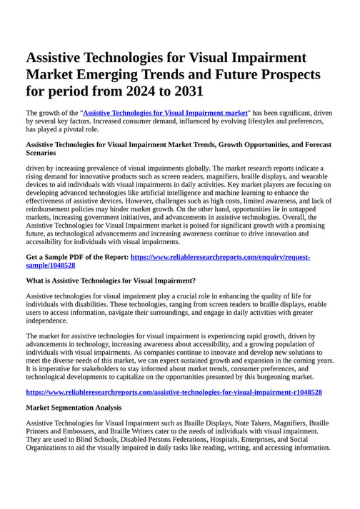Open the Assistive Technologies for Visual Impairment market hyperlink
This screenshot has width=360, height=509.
click(166, 113)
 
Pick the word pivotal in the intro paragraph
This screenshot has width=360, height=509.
click(79, 130)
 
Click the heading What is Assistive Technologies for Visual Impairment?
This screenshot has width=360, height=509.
click(111, 281)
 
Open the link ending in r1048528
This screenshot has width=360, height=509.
click(174, 393)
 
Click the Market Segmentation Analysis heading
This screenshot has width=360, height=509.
click(74, 408)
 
